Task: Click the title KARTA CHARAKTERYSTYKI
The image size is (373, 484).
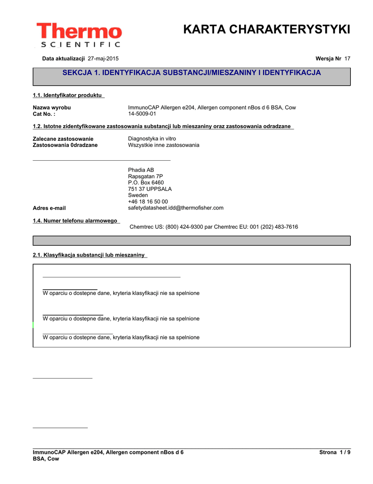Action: tap(266, 30)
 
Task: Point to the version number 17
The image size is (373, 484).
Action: tap(347, 59)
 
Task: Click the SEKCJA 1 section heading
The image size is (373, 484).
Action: tap(191, 73)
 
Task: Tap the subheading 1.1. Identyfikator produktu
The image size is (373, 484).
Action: tap(68, 95)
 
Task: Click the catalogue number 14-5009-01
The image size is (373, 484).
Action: tap(142, 114)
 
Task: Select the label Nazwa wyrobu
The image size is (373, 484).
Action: tap(51, 108)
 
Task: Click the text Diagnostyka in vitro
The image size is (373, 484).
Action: tap(152, 138)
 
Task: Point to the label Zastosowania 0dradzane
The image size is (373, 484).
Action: tap(65, 145)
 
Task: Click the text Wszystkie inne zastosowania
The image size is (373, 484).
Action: tap(164, 145)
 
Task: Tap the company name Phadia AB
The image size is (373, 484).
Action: tap(141, 170)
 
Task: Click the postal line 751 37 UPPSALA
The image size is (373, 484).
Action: tap(150, 189)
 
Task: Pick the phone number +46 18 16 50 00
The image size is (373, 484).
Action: tap(148, 202)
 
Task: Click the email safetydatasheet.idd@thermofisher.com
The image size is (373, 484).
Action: tap(175, 208)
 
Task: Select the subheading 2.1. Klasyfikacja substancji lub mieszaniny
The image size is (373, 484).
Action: tap(89, 255)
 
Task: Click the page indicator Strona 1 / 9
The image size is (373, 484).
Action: tap(335, 452)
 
